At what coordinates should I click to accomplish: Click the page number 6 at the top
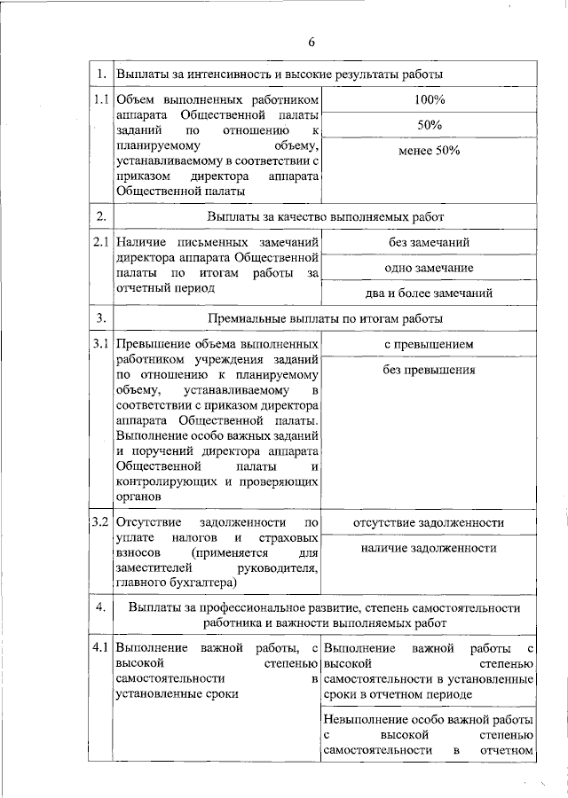[x=312, y=42]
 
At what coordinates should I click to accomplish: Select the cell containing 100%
[x=428, y=98]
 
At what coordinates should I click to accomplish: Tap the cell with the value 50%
[x=428, y=125]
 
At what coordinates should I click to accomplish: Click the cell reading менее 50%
[x=428, y=151]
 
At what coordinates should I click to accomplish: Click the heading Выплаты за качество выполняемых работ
[x=325, y=216]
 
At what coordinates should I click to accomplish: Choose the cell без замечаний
[x=428, y=242]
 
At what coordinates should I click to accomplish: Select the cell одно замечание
[x=428, y=268]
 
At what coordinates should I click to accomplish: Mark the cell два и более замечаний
[x=428, y=293]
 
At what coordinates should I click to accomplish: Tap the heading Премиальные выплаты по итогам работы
[x=325, y=318]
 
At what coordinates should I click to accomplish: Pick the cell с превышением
[x=428, y=344]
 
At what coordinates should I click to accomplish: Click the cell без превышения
[x=428, y=370]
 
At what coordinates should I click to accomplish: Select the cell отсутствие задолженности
[x=428, y=522]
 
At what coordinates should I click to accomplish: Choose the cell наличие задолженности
[x=428, y=548]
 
